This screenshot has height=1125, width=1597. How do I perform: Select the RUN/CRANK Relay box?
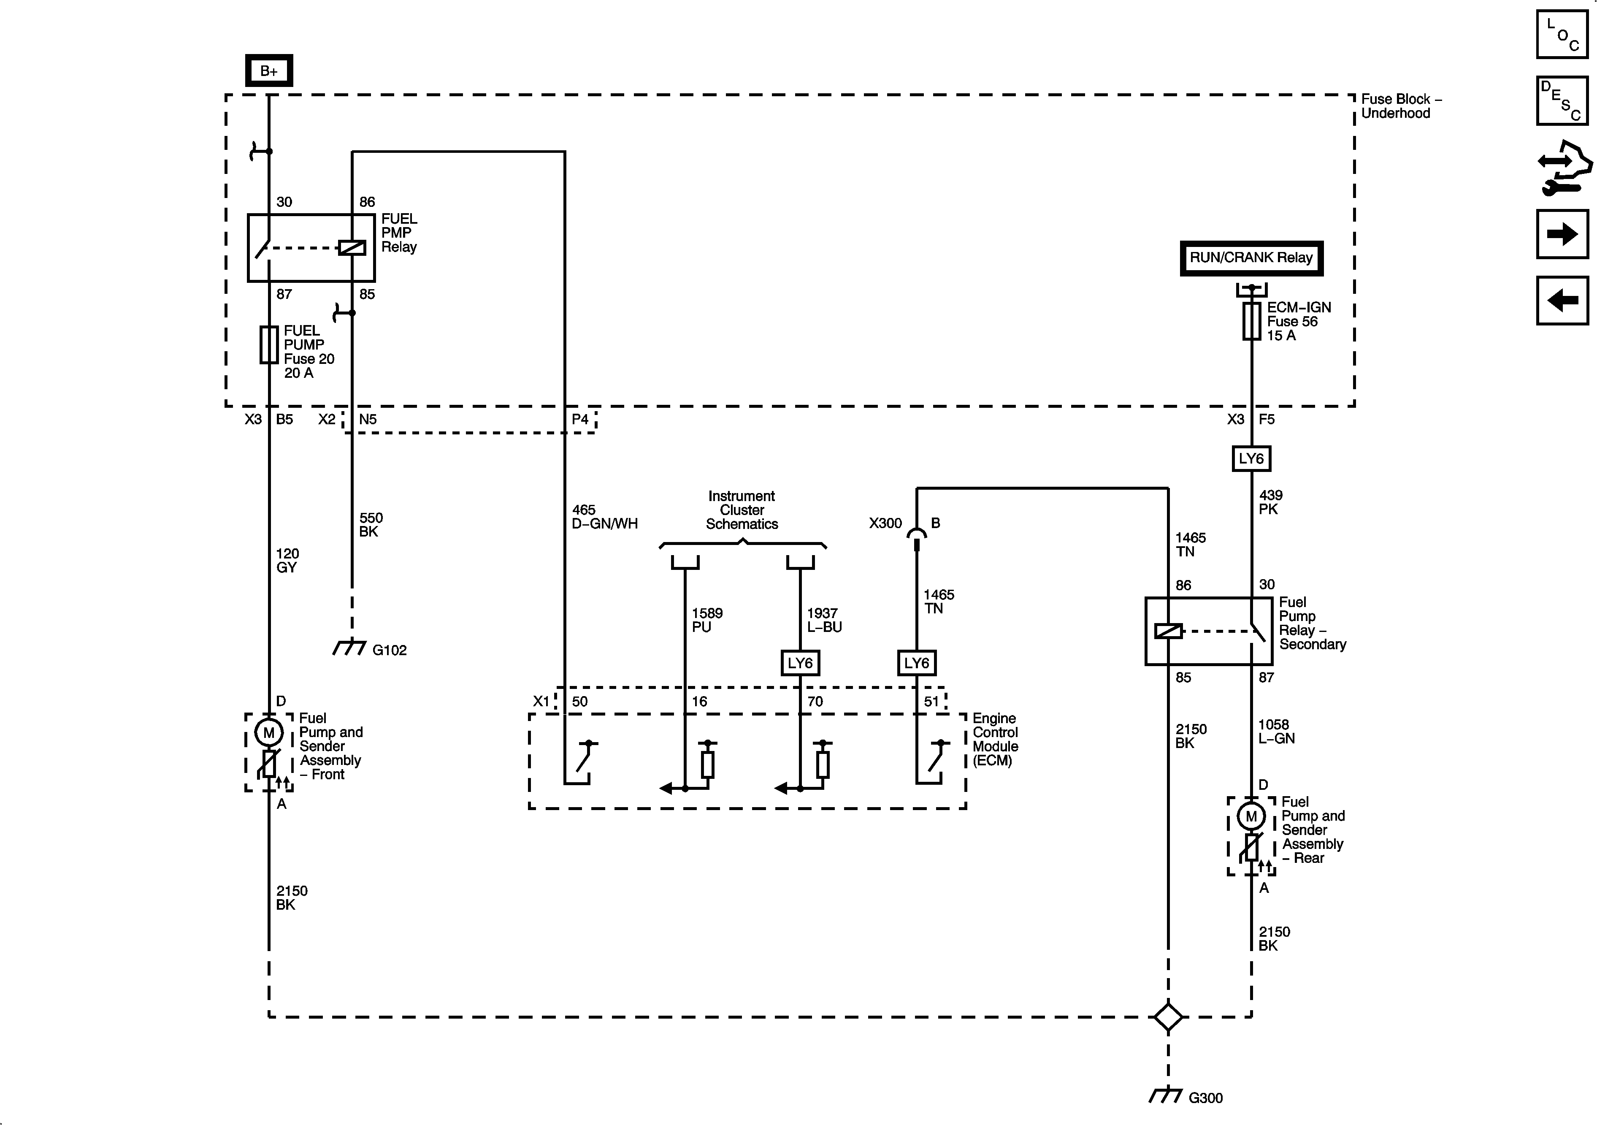point(1251,258)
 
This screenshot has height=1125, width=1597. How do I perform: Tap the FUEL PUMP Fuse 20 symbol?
point(268,344)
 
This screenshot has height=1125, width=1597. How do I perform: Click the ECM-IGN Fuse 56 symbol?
point(1251,321)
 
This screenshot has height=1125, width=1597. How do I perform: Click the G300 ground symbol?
point(1166,1096)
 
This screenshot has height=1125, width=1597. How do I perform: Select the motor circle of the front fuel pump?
point(268,732)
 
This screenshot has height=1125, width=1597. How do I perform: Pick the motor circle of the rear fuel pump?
point(1251,816)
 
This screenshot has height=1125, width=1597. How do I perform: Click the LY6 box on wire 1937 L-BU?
point(800,663)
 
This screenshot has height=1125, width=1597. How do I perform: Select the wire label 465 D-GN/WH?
point(604,517)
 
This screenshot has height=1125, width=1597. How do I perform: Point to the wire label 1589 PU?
point(706,620)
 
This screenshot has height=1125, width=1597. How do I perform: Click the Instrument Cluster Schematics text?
point(742,510)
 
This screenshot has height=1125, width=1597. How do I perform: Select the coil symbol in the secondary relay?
point(1168,631)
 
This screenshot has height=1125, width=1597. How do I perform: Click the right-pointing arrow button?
point(1562,234)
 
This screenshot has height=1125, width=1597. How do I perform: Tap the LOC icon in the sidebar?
point(1562,34)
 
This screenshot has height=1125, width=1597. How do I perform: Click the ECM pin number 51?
point(931,701)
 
